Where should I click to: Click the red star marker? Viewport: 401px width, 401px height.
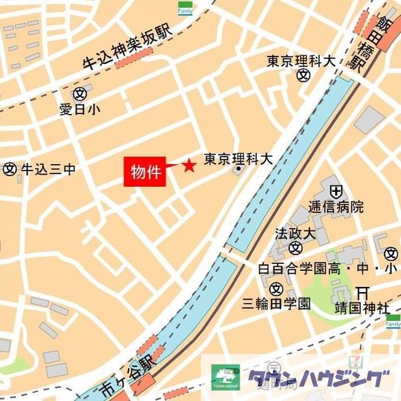click(x=189, y=165)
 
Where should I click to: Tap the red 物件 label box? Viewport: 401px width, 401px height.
click(x=146, y=171)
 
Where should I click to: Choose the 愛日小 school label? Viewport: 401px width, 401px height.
click(x=79, y=110)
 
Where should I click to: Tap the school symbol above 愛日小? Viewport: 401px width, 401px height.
click(x=79, y=94)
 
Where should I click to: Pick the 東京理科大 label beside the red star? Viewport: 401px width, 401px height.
click(x=238, y=159)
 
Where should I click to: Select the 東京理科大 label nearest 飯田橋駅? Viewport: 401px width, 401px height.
click(x=301, y=61)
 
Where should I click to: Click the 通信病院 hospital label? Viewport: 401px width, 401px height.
click(x=336, y=207)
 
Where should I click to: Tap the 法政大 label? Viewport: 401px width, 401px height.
click(x=294, y=234)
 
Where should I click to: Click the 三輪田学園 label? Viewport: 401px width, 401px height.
click(x=276, y=304)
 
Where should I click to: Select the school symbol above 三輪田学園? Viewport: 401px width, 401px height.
click(x=276, y=289)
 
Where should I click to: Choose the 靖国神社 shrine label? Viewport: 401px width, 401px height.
click(x=361, y=308)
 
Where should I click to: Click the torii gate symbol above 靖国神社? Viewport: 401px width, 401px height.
click(x=362, y=293)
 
